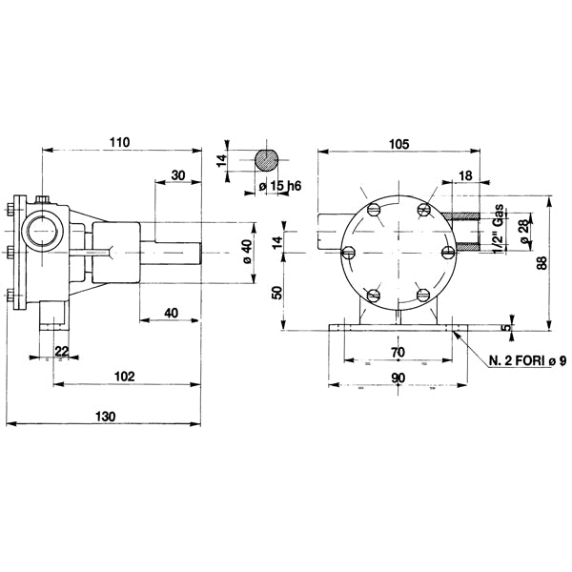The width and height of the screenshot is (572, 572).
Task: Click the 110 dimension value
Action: tap(119, 142)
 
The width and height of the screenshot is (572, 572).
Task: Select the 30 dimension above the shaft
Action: tap(178, 174)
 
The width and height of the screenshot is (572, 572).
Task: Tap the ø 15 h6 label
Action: tap(276, 187)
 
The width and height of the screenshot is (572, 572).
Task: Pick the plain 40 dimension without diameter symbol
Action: tap(171, 314)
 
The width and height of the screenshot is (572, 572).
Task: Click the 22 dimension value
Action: tap(61, 352)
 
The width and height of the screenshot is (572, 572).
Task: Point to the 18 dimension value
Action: tap(465, 175)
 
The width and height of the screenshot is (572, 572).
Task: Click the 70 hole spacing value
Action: tap(398, 352)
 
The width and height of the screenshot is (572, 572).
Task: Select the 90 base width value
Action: tap(398, 378)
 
